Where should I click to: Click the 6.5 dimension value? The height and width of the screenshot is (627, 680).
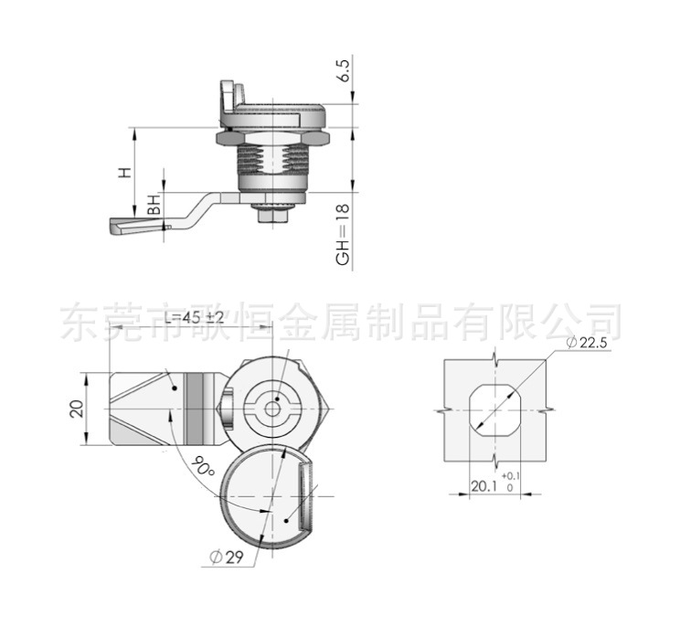tap(344, 71)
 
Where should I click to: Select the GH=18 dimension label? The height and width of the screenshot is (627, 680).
tap(344, 236)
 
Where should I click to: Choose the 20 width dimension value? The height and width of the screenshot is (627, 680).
tap(78, 408)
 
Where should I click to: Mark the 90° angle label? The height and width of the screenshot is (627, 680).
tap(203, 468)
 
